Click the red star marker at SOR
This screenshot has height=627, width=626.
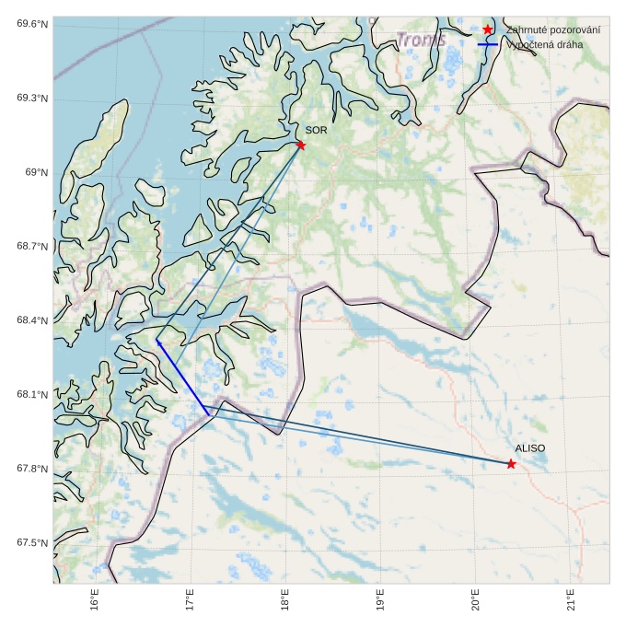(x=301, y=145)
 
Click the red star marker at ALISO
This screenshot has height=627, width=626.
(x=511, y=464)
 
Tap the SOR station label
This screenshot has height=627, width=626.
(x=317, y=131)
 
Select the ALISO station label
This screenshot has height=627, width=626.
(x=529, y=448)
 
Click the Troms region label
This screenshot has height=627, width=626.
(x=422, y=41)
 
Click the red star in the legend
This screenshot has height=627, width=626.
(x=488, y=29)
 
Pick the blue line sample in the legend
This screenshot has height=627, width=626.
(x=488, y=44)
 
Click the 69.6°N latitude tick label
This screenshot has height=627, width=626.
(x=32, y=24)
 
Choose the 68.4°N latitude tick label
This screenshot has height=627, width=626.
(x=32, y=320)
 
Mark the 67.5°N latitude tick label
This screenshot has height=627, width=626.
(x=32, y=543)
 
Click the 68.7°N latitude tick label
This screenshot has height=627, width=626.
(x=32, y=247)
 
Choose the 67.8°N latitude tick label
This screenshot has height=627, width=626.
(x=32, y=469)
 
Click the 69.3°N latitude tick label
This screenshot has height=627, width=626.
(x=32, y=99)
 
